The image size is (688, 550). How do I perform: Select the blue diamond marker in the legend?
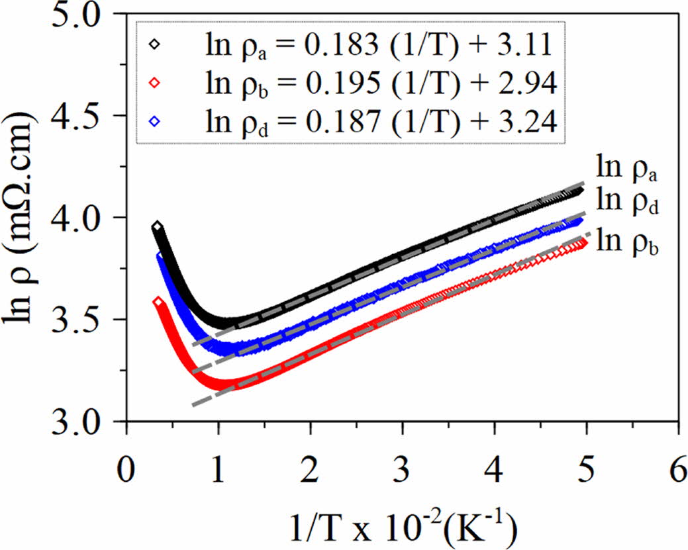point(155,121)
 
